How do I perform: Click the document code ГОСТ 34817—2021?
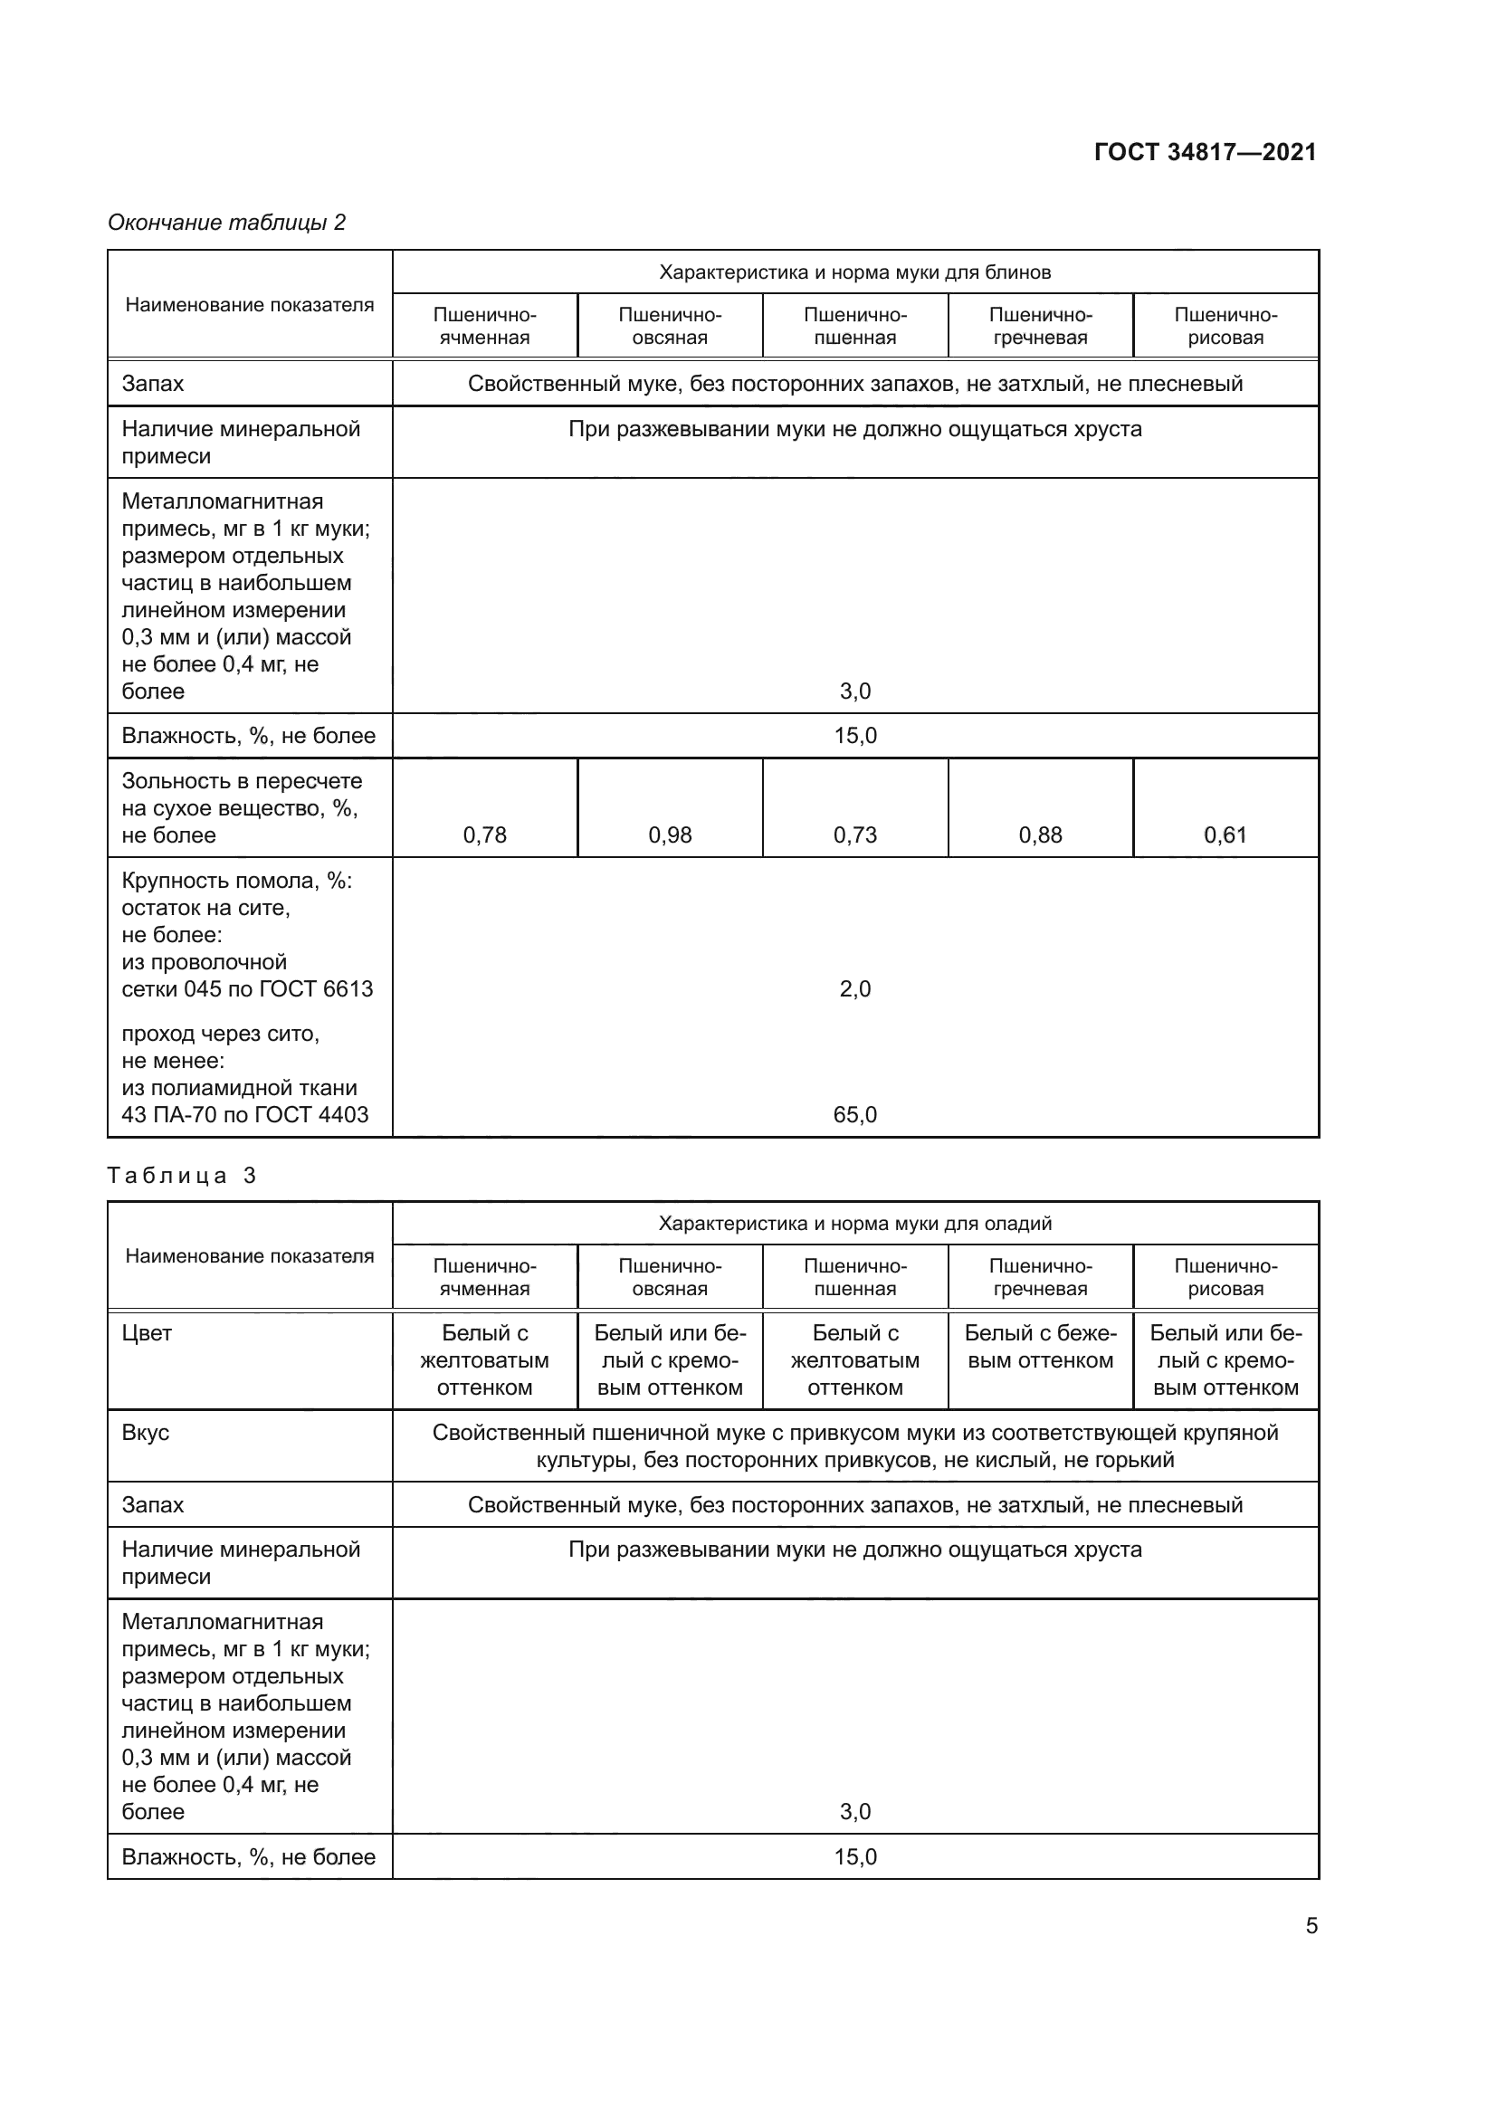(1205, 152)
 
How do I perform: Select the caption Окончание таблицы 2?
(226, 223)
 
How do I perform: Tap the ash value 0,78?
(484, 835)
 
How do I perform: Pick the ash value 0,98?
(669, 835)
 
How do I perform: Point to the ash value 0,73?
(854, 835)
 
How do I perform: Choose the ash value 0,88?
(1040, 835)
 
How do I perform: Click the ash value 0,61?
(1225, 835)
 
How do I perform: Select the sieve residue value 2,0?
(854, 989)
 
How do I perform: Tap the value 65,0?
(854, 1115)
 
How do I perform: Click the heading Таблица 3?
(182, 1176)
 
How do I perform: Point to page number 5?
(1311, 1926)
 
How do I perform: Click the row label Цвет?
(147, 1333)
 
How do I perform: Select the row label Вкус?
(146, 1433)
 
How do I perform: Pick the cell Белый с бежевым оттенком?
(1040, 1347)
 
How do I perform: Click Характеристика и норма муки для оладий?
(854, 1224)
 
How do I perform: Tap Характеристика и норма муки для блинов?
(854, 272)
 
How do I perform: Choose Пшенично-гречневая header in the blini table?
(1040, 327)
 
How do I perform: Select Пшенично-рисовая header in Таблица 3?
(1225, 1277)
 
